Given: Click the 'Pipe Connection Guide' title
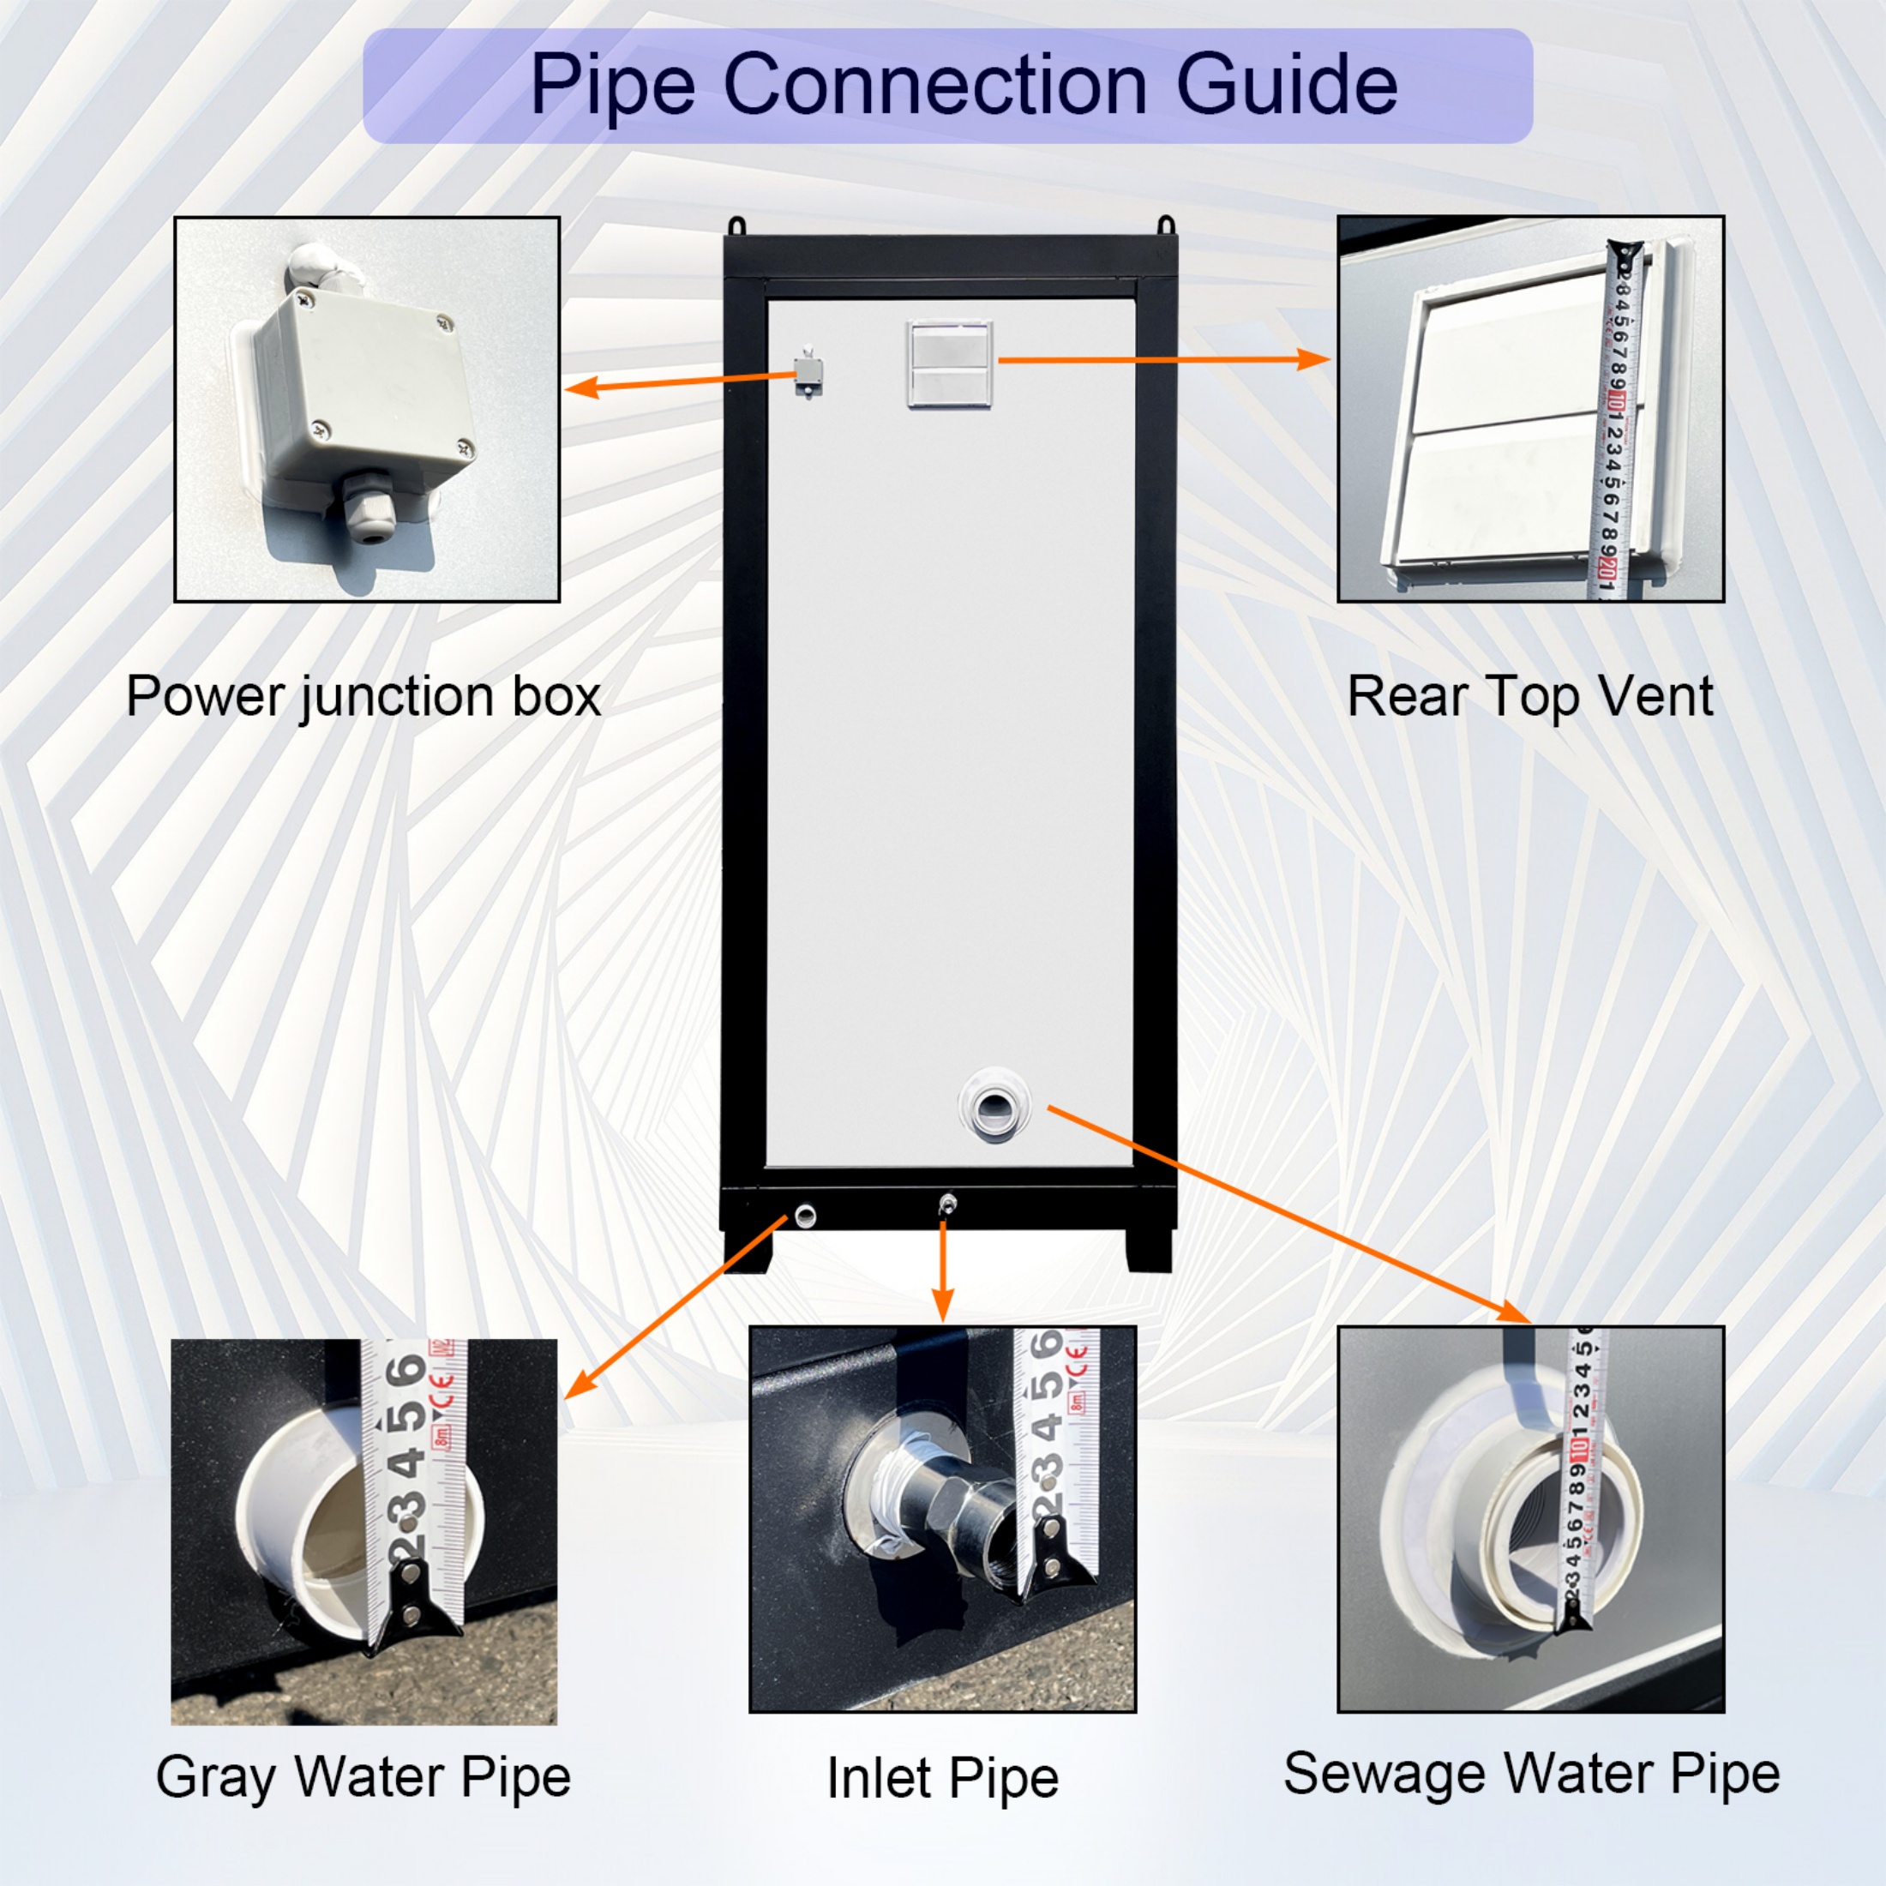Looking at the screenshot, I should point(963,86).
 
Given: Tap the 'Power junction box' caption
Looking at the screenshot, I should point(363,697).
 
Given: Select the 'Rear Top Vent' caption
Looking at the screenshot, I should point(1529,697).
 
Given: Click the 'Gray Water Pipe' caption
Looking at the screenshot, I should point(363,1776).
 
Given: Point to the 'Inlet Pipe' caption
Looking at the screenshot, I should point(942,1778).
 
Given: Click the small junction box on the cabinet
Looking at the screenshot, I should point(808,371).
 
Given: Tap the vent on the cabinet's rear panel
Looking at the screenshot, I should point(949,363).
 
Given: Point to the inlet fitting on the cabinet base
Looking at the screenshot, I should point(946,1204).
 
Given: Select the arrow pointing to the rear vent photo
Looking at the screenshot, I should point(1162,360).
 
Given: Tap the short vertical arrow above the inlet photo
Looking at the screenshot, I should point(942,1269).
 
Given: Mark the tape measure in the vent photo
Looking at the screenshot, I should point(1620,420).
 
